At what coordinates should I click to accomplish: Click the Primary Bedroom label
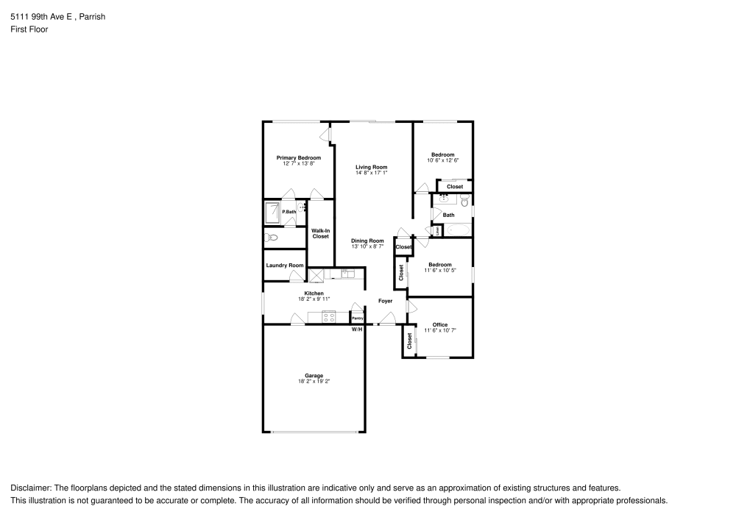298,157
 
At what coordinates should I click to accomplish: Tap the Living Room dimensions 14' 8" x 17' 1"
371,174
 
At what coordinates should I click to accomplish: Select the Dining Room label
367,241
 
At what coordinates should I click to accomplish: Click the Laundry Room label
285,265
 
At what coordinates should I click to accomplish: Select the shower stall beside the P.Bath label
272,213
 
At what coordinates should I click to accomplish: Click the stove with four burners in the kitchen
329,317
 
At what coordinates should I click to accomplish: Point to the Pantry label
357,318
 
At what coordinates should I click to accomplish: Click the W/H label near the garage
356,329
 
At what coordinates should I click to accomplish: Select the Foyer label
385,301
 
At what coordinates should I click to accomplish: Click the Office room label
440,324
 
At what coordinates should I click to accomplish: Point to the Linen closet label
437,231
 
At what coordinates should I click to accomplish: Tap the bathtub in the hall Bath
458,230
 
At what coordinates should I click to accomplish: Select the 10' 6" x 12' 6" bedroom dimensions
442,160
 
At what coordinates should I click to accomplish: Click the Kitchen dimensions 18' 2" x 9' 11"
314,299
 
